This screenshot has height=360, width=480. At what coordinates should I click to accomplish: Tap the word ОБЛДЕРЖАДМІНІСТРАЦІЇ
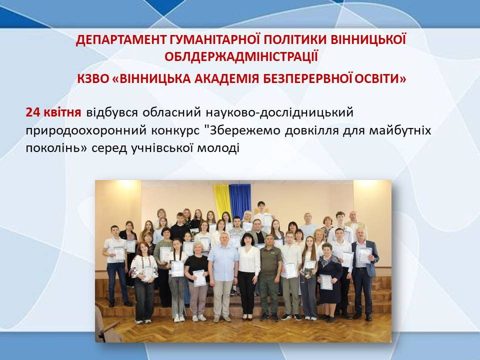point(241,56)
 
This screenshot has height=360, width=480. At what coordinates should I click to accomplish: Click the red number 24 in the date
point(33,112)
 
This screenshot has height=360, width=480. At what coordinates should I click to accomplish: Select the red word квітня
point(62,112)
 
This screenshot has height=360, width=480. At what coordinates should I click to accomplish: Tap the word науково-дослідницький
point(279,113)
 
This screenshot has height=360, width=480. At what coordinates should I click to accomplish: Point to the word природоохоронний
point(85,131)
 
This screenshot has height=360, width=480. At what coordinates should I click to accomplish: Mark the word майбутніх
point(400,130)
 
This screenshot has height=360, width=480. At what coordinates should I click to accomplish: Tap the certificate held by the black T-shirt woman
point(199,278)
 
